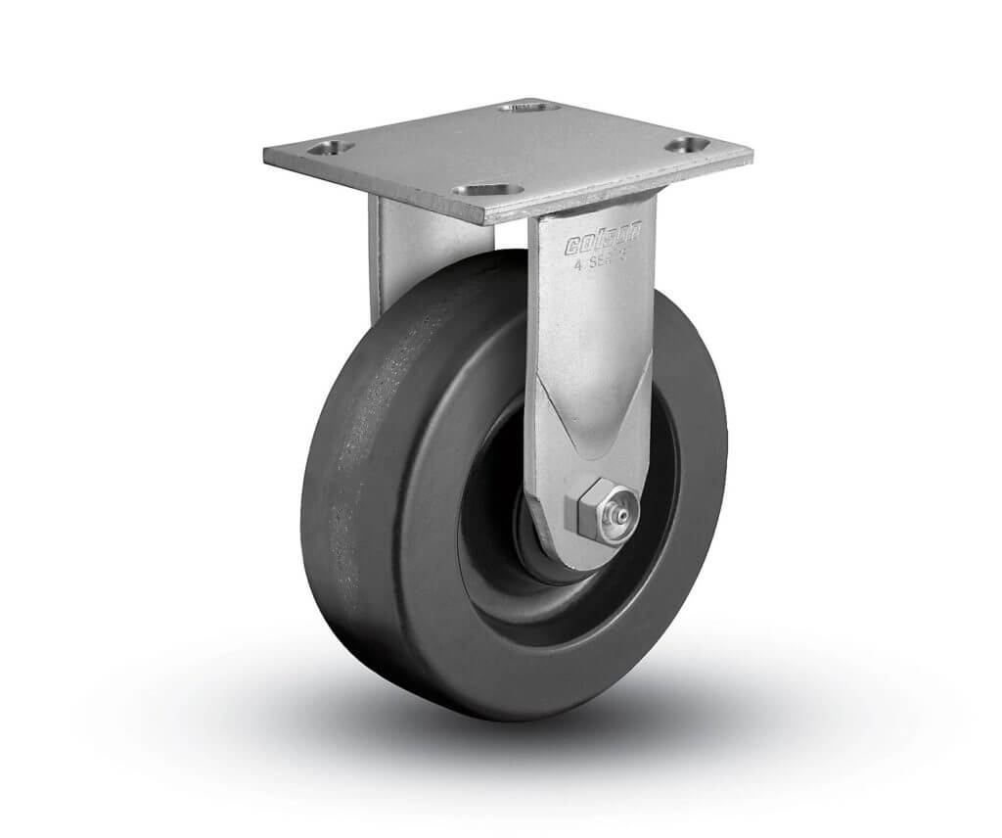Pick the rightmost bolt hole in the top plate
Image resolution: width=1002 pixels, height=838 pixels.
(686, 144)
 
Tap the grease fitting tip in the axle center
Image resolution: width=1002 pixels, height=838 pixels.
(618, 511)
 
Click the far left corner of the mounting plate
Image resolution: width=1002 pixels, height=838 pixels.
(265, 154)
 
